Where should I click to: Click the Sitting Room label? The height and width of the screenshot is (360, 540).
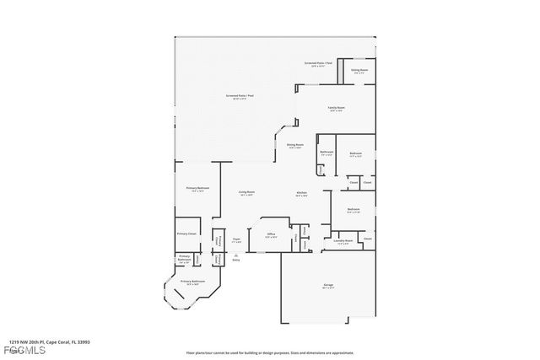(359, 70)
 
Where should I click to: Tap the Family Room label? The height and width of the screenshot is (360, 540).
(336, 109)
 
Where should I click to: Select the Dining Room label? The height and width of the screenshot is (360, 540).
(294, 145)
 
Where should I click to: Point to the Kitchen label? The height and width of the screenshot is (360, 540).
(300, 193)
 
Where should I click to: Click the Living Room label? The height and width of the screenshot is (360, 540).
(246, 192)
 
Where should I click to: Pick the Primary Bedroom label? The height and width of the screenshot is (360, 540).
(197, 188)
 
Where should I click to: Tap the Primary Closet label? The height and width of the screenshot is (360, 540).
(186, 233)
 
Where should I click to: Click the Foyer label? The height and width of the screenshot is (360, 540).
(236, 239)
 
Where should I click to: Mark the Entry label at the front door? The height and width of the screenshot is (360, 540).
(236, 259)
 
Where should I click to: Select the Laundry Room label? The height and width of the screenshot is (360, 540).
(343, 241)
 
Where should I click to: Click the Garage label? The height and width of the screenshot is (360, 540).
(327, 285)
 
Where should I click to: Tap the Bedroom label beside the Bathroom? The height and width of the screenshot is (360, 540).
(355, 153)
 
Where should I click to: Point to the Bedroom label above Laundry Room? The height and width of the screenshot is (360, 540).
(353, 208)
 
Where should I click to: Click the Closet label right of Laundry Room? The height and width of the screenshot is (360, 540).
(367, 239)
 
